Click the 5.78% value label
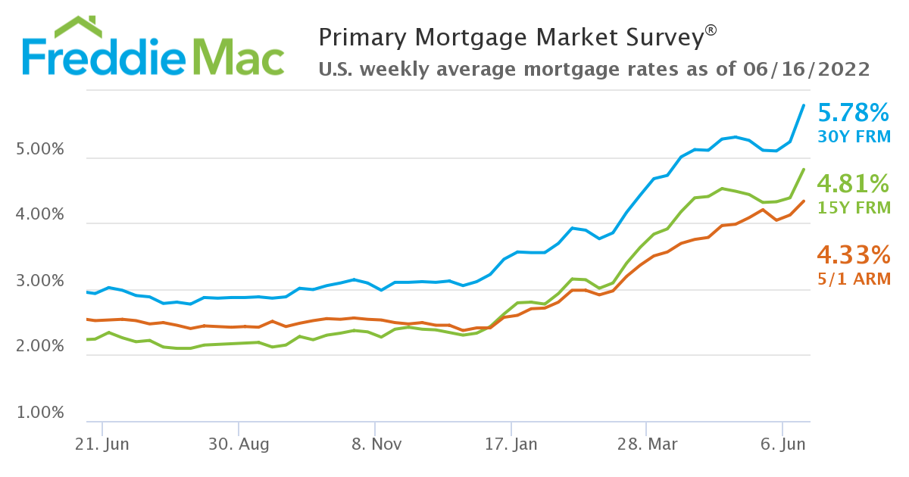click(x=854, y=114)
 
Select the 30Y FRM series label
click(x=854, y=137)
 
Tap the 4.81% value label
click(x=854, y=183)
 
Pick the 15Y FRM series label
click(x=854, y=207)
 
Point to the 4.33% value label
click(x=854, y=254)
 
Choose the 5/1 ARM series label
click(x=854, y=279)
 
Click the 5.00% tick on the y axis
click(x=39, y=149)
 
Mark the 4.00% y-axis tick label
click(x=39, y=215)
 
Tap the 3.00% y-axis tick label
click(x=39, y=282)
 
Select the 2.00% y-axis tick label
click(x=39, y=347)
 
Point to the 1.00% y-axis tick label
click(x=39, y=413)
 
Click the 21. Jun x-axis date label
click(x=102, y=444)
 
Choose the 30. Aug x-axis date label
click(x=239, y=444)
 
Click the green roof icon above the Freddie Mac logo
click(x=79, y=26)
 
